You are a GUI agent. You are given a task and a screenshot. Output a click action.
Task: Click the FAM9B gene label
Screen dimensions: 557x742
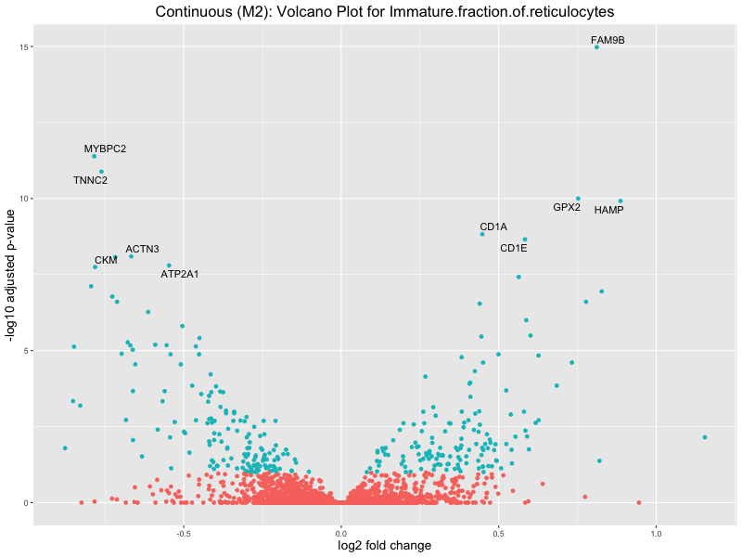point(608,40)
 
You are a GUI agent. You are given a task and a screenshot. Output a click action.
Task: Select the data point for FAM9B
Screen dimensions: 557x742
point(596,46)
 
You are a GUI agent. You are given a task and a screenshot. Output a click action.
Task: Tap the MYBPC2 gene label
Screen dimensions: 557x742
point(105,149)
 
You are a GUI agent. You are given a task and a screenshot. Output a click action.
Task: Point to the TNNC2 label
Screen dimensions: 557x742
point(90,180)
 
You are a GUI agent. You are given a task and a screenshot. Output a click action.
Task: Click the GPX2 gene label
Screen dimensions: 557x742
point(567,207)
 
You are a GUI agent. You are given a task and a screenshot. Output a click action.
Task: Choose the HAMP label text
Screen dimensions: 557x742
point(608,210)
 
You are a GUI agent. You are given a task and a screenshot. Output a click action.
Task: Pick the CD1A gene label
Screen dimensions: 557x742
point(493,227)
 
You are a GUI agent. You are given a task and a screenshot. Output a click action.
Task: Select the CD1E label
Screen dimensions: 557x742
point(513,248)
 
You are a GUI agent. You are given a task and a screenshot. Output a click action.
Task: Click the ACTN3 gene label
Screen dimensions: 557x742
point(143,249)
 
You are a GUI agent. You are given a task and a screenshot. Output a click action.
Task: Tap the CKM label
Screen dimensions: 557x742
point(106,260)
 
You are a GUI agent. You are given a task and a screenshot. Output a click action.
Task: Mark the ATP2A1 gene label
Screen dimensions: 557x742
point(180,274)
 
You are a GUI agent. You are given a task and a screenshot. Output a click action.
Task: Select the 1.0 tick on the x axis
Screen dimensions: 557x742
point(657,533)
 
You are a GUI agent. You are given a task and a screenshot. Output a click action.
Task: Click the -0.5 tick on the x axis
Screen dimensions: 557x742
point(183,533)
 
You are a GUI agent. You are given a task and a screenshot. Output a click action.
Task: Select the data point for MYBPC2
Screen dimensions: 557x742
point(94,156)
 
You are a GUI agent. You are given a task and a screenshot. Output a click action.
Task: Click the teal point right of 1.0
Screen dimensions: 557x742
point(705,437)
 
